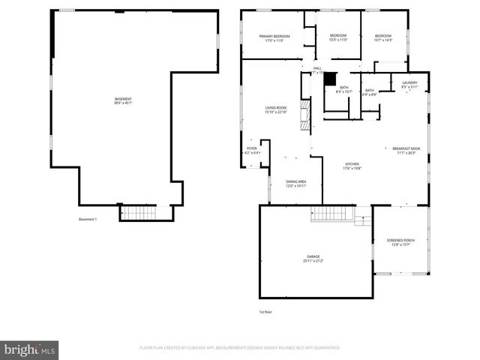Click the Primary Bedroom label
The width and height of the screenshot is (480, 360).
[x=274, y=38]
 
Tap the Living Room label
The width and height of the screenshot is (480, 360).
[x=275, y=110]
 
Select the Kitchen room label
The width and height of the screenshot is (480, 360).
[x=352, y=166]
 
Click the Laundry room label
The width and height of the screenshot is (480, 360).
[x=409, y=85]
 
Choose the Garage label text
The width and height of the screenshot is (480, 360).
[x=313, y=259]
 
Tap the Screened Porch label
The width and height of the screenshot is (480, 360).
[x=400, y=242]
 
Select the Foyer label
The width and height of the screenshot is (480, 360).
[x=252, y=150]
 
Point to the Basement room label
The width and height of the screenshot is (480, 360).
[x=123, y=101]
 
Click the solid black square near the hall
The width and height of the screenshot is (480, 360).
[x=328, y=77]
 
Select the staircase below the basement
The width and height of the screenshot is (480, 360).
[x=137, y=214]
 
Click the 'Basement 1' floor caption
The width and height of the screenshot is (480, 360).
[x=88, y=220]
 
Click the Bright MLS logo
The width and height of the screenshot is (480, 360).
[x=29, y=349]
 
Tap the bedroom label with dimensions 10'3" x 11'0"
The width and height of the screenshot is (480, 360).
[x=339, y=38]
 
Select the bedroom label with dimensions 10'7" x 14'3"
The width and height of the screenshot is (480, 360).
[x=383, y=38]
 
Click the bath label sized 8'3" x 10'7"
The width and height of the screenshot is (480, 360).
[x=343, y=90]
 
